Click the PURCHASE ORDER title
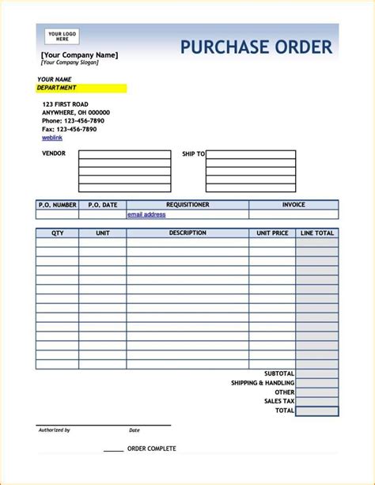coord(256,47)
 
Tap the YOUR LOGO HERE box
coord(57,36)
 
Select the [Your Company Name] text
coord(79,55)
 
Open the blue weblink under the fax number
coord(51,137)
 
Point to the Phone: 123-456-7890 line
coord(69,120)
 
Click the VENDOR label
coord(54,153)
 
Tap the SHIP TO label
coord(193,154)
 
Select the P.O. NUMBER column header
coord(57,205)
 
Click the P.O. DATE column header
coord(102,205)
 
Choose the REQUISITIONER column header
coord(187,205)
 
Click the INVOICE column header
coord(294,205)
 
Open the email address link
coord(146,214)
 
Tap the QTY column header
coord(58,233)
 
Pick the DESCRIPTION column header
coord(187,233)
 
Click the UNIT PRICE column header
coord(272,233)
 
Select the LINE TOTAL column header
coord(317,233)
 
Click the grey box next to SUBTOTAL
coord(317,373)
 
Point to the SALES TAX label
coord(278,402)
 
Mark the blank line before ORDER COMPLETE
coord(113,450)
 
